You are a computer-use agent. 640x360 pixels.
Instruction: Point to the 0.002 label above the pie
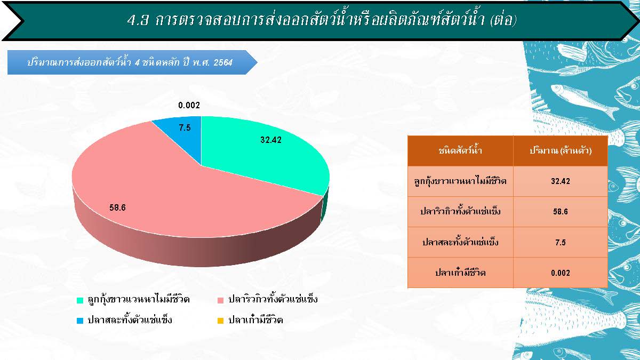click(x=189, y=105)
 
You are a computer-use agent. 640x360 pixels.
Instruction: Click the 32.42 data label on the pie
click(x=271, y=140)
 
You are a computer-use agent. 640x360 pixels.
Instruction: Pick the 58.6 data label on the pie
click(x=117, y=207)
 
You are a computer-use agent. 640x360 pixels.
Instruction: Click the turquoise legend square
click(x=80, y=300)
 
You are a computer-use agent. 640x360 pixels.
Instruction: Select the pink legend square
click(x=221, y=300)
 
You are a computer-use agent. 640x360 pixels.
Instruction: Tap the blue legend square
click(x=80, y=321)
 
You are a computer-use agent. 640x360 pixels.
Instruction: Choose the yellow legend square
click(x=221, y=321)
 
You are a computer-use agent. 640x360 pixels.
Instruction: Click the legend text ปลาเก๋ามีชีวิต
click(x=255, y=319)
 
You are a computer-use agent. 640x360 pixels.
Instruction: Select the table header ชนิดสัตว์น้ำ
click(x=460, y=150)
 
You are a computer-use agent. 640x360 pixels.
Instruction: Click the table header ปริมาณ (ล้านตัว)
click(x=561, y=150)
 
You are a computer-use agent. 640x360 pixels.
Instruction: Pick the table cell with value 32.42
click(x=561, y=181)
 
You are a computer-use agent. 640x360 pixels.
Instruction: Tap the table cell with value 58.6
click(x=561, y=212)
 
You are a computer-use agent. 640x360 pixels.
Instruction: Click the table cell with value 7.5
click(x=561, y=242)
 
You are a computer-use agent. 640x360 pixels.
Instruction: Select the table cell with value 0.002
click(x=561, y=273)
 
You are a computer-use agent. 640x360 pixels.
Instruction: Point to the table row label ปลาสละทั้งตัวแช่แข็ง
click(x=460, y=242)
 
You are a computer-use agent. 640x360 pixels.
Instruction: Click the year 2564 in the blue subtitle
click(x=223, y=62)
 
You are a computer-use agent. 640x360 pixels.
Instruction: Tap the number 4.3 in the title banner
click(x=138, y=20)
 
